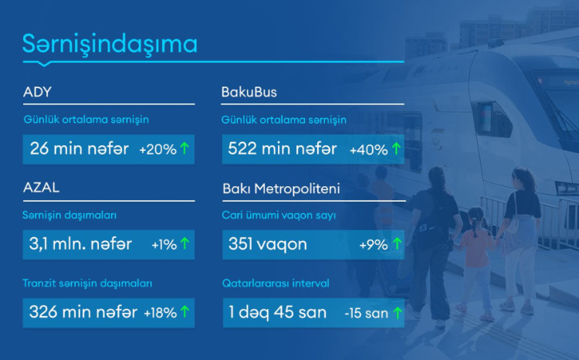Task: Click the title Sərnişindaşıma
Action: pos(110,44)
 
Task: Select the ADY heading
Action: pos(38,93)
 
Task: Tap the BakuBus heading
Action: pos(249,93)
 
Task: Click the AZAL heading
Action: pos(42,188)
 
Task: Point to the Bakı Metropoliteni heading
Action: pos(281,188)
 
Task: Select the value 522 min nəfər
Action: pos(281,149)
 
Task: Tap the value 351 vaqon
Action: pos(268,244)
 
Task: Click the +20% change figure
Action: pos(157,150)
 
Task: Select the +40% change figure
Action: pos(368,150)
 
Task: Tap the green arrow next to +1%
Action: pos(185,245)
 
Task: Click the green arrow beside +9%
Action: pos(397,245)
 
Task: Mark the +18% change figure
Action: pos(160,313)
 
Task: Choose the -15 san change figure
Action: pos(365,313)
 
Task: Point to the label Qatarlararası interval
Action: pos(276,284)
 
